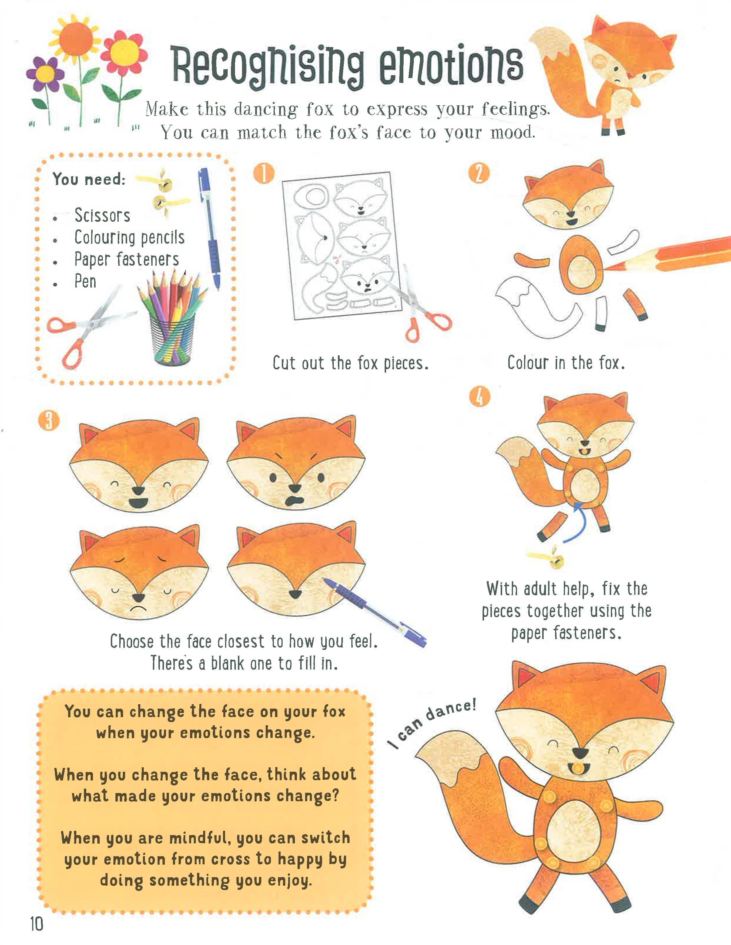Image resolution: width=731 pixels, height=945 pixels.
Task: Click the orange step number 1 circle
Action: click(264, 174)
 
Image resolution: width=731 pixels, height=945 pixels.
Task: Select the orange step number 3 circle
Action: click(49, 420)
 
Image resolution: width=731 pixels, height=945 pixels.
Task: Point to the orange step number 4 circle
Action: click(480, 396)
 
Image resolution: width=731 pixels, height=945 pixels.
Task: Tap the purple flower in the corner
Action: click(45, 75)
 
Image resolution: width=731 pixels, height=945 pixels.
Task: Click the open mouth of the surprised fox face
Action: click(295, 501)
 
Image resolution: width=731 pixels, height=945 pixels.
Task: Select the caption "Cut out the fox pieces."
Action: click(350, 363)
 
